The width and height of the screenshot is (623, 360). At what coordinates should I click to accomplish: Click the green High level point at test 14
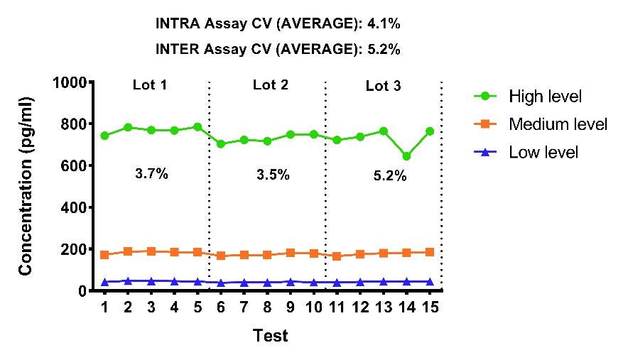click(x=406, y=156)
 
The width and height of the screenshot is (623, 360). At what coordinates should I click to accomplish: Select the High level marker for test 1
click(x=104, y=136)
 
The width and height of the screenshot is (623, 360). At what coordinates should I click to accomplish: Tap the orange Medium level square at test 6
click(x=221, y=256)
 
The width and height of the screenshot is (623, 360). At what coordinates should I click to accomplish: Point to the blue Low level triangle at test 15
click(x=430, y=282)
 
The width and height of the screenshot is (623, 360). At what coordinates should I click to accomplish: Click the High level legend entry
click(x=528, y=96)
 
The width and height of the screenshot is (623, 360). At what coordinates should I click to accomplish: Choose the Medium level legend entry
click(x=541, y=124)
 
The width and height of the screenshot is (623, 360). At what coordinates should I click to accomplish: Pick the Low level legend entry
click(x=526, y=152)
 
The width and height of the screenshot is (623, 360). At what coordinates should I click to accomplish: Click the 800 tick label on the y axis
click(x=73, y=124)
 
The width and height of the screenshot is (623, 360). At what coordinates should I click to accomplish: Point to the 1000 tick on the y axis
click(x=70, y=82)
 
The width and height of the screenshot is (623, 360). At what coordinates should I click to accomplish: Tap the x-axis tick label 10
click(x=313, y=307)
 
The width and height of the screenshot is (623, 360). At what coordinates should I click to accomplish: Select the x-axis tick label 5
click(x=197, y=307)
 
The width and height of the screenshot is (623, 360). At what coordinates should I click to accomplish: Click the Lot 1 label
click(x=150, y=84)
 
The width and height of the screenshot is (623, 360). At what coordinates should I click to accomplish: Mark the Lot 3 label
click(x=384, y=85)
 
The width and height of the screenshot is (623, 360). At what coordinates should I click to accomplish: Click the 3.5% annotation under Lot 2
click(x=273, y=175)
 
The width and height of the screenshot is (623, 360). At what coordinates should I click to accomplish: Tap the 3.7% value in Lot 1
click(x=151, y=174)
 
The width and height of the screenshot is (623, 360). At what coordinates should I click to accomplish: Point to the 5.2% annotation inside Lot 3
click(x=390, y=175)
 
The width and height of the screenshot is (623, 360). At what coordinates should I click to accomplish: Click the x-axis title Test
click(x=270, y=336)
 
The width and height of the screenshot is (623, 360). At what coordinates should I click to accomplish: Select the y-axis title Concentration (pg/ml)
click(x=26, y=186)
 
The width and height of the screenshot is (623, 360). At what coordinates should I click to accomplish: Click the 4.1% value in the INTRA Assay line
click(x=384, y=24)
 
